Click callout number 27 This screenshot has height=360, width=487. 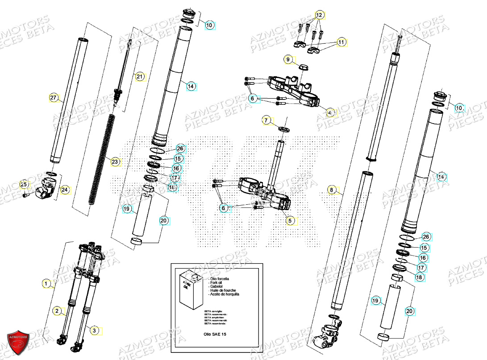(x=54, y=98)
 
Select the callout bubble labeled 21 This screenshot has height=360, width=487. (x=140, y=77)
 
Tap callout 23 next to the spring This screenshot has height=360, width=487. (x=115, y=162)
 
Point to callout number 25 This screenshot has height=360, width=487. (x=24, y=184)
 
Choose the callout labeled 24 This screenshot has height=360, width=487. (x=65, y=190)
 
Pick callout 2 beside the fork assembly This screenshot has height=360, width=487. (x=57, y=310)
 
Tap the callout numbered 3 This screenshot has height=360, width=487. (x=94, y=330)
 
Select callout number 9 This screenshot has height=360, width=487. (x=288, y=59)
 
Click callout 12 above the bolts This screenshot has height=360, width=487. (x=319, y=15)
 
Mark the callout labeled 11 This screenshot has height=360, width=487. (x=341, y=42)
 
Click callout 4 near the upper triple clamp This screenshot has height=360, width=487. (x=329, y=112)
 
